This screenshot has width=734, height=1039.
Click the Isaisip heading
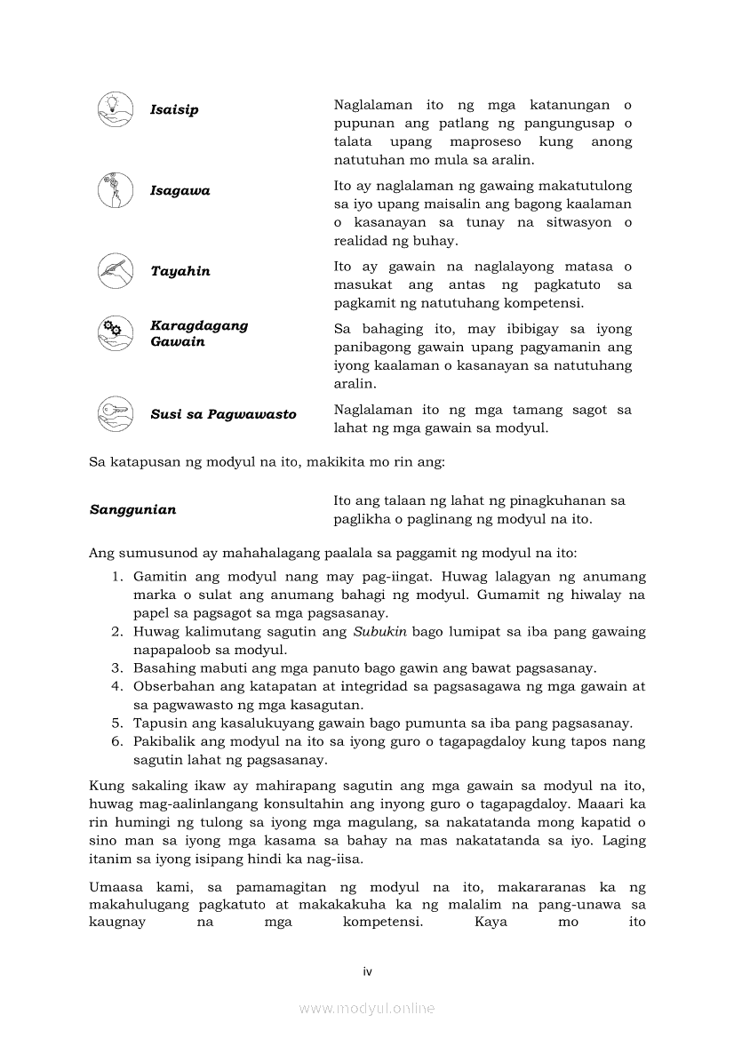pyautogui.click(x=174, y=110)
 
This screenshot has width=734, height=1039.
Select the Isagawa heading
pyautogui.click(x=180, y=191)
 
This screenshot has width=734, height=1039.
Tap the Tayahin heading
pyautogui.click(x=180, y=272)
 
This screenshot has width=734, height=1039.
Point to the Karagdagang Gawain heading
pyautogui.click(x=199, y=334)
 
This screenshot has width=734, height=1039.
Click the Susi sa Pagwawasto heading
pyautogui.click(x=223, y=415)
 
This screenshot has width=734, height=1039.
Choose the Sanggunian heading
pyautogui.click(x=132, y=510)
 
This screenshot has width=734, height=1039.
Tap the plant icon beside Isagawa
pyautogui.click(x=115, y=190)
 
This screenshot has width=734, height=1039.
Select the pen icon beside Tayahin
pyautogui.click(x=115, y=271)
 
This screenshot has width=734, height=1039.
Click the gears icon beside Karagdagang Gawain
pyautogui.click(x=115, y=333)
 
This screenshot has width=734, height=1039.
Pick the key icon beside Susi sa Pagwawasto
pyautogui.click(x=115, y=414)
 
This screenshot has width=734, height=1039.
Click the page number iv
pyautogui.click(x=367, y=971)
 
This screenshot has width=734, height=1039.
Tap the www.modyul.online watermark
pyautogui.click(x=367, y=1009)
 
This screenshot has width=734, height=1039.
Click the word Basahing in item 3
pyautogui.click(x=163, y=668)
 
